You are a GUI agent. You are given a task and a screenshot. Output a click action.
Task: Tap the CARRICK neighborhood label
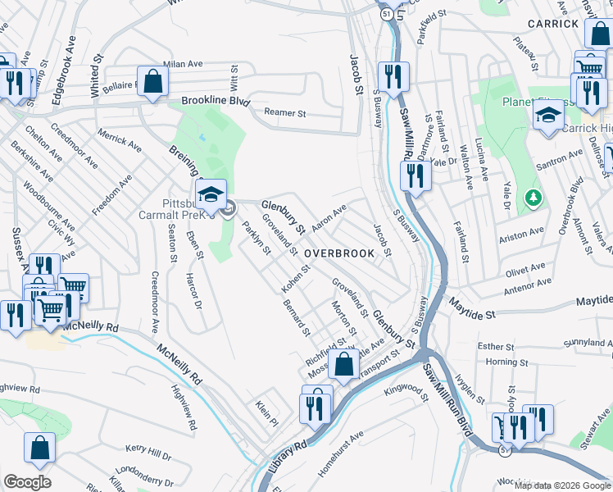pos(553,24)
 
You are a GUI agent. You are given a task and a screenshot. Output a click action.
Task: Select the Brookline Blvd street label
pos(214,102)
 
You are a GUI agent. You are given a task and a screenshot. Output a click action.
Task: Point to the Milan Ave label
pos(182,64)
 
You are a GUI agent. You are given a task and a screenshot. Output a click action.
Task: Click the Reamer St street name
pos(284,114)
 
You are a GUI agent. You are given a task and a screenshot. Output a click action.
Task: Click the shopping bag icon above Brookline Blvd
pos(152,80)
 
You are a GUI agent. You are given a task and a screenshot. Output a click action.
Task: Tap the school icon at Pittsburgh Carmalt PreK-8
pos(211,194)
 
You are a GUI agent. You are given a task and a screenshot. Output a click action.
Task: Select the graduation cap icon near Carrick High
pos(548,115)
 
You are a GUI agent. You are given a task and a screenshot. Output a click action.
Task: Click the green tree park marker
pos(534,198)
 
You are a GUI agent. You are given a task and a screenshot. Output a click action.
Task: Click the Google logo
pos(27,482)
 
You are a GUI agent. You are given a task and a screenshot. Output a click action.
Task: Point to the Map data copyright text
pos(563,485)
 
